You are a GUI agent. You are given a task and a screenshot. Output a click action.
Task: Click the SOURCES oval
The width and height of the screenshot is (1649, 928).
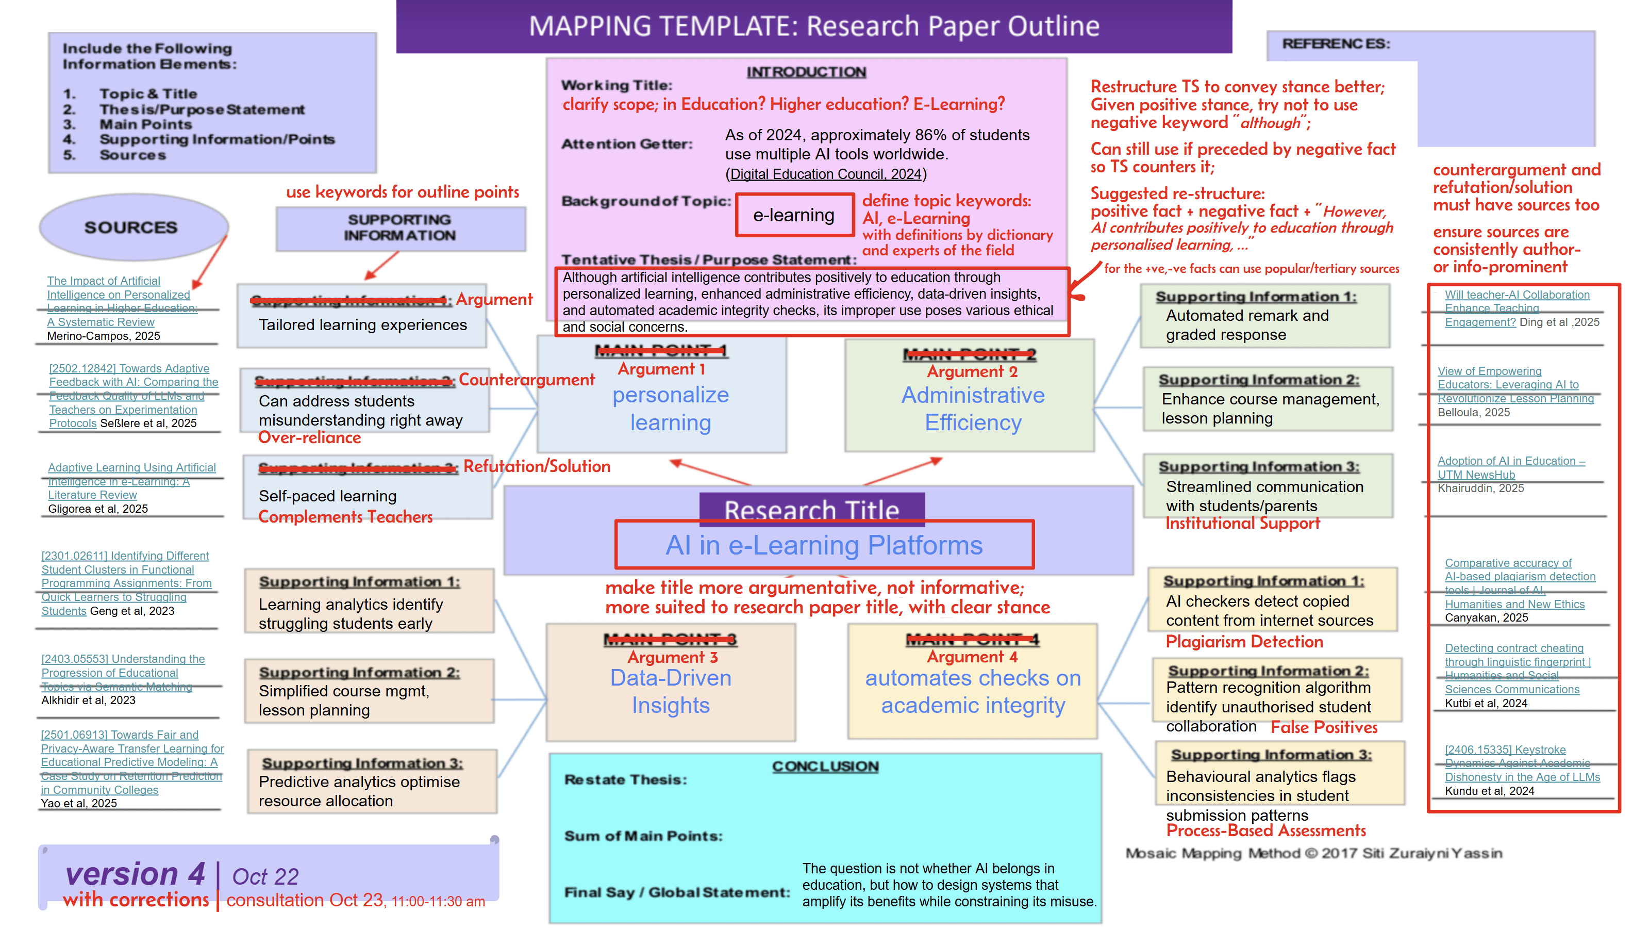[132, 227]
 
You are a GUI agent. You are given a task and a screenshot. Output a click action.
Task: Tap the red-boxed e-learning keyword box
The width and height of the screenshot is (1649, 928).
[793, 215]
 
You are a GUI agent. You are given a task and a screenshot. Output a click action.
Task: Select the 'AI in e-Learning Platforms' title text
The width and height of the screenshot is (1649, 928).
[823, 545]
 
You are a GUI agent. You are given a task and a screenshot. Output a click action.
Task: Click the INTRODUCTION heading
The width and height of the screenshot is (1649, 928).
[806, 72]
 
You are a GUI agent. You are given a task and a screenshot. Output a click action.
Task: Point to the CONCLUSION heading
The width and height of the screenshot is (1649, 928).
[825, 766]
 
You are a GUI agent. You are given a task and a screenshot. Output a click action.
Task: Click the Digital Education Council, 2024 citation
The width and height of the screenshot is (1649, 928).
[825, 174]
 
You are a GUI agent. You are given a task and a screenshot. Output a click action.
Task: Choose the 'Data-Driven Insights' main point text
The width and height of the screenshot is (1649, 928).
[670, 691]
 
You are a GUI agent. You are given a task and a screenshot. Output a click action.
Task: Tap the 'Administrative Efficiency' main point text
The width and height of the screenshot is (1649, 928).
[972, 409]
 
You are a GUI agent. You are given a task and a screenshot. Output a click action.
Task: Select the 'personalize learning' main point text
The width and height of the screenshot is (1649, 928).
[670, 409]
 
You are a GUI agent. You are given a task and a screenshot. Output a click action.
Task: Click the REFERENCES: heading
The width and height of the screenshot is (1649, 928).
[1336, 43]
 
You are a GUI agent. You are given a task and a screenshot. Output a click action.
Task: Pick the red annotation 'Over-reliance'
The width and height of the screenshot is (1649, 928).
[309, 438]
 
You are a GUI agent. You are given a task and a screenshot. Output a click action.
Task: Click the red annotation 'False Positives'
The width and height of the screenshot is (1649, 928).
[1324, 727]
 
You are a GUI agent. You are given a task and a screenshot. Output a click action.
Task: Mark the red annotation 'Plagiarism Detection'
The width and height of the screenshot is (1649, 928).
[1244, 642]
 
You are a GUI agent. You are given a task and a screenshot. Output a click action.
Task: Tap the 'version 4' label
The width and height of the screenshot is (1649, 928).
[135, 873]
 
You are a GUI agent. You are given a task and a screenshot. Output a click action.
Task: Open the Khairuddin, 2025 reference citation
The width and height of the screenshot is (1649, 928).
[1480, 488]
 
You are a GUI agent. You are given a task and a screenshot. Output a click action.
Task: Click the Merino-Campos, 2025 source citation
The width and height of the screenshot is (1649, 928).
[104, 336]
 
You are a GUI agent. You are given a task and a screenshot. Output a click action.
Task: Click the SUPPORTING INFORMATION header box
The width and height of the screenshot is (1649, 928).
[400, 228]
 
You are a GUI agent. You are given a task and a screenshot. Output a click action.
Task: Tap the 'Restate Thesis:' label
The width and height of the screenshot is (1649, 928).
[625, 779]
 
